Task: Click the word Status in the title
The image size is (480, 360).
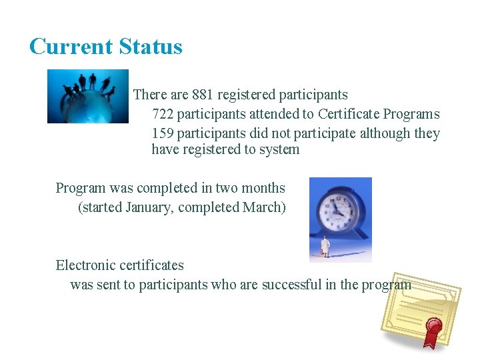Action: [151, 47]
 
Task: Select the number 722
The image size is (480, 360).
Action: [163, 114]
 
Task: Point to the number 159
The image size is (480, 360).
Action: [163, 133]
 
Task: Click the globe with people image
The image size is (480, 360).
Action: [87, 96]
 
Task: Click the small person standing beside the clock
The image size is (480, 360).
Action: [325, 247]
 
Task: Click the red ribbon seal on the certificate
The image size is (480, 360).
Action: [434, 327]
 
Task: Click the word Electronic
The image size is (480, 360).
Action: [86, 265]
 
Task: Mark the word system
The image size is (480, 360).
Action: [279, 149]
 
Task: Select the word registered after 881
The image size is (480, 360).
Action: [245, 95]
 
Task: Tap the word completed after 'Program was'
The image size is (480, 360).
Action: [163, 188]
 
